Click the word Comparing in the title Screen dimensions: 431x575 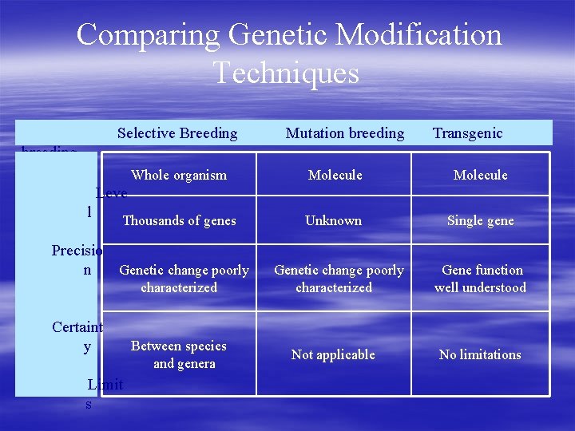[149, 35]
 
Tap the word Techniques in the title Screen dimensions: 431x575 [287, 73]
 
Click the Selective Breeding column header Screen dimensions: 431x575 [177, 133]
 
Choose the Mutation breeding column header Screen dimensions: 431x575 [345, 133]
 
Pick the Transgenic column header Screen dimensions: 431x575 [467, 133]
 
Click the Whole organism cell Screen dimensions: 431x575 [179, 175]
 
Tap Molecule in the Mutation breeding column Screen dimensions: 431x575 [335, 175]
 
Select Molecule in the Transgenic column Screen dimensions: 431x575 [480, 175]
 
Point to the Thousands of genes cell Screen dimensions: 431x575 [179, 221]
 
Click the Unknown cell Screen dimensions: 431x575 [333, 221]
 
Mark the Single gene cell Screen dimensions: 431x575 [480, 221]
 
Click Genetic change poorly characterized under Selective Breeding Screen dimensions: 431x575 [184, 279]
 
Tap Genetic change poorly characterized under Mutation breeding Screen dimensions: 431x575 [339, 279]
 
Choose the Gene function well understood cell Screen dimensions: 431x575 [480, 279]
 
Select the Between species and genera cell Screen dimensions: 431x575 [179, 354]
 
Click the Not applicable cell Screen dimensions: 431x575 [333, 354]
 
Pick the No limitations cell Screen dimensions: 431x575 [480, 354]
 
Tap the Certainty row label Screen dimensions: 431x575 [77, 336]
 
